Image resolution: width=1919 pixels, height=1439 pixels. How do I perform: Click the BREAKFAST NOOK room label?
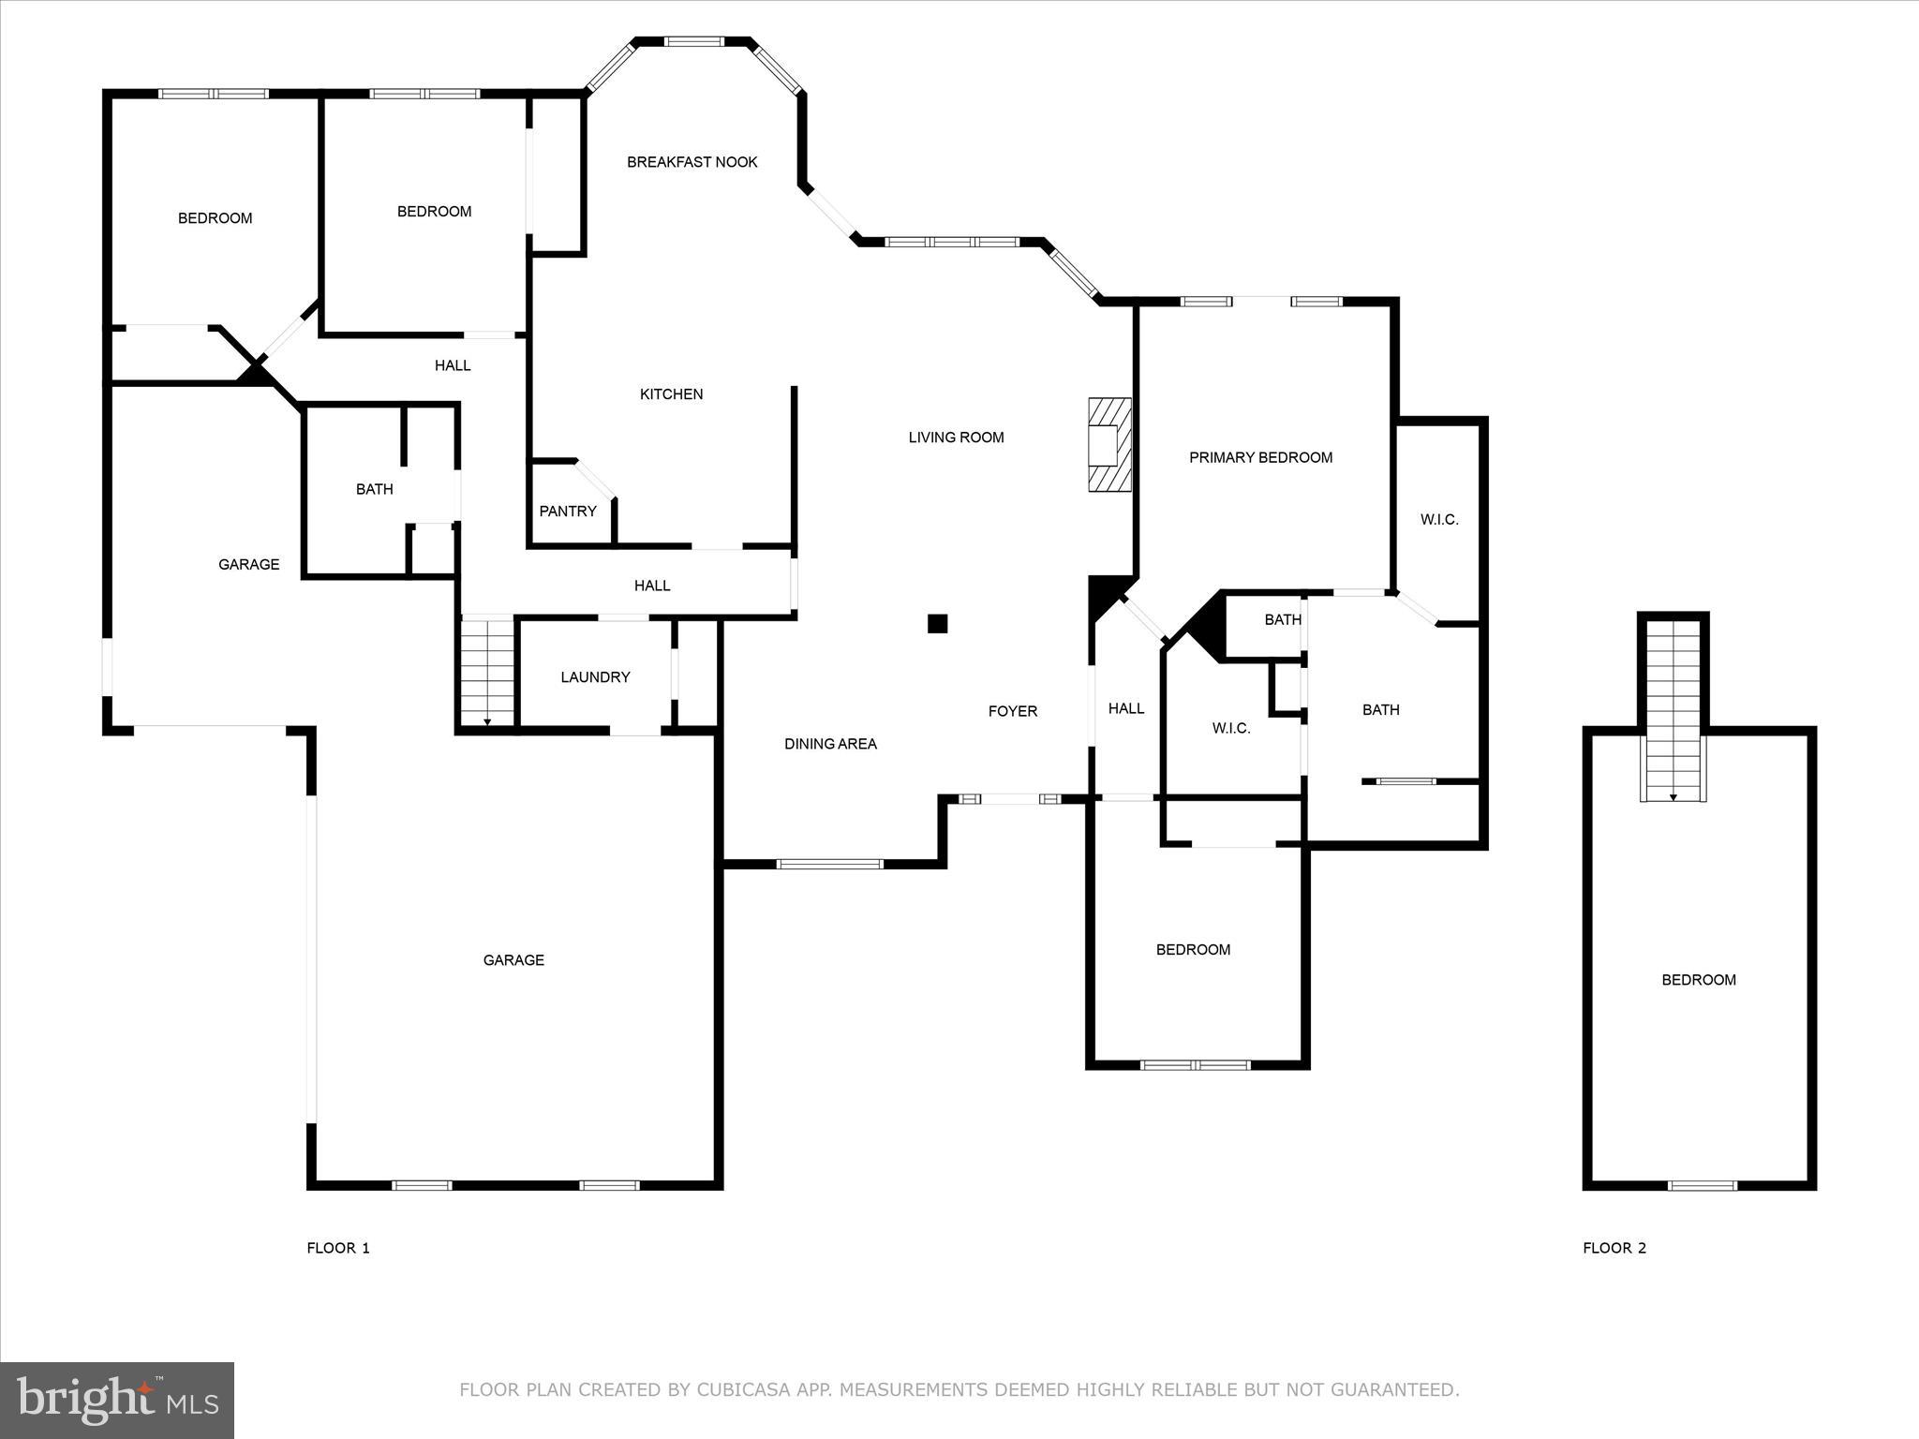pyautogui.click(x=692, y=162)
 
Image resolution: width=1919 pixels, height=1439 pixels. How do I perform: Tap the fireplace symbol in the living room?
pyautogui.click(x=1109, y=445)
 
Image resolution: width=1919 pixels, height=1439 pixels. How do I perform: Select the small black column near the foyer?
pyautogui.click(x=937, y=623)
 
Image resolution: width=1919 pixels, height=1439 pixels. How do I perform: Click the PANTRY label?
pyautogui.click(x=568, y=512)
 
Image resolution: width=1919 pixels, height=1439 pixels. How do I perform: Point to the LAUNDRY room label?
pyautogui.click(x=595, y=677)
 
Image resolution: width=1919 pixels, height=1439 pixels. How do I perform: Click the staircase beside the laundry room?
pyautogui.click(x=487, y=672)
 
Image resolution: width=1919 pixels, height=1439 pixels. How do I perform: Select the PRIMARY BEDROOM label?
pyautogui.click(x=1260, y=458)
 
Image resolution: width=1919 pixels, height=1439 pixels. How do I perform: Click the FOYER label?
pyautogui.click(x=1013, y=712)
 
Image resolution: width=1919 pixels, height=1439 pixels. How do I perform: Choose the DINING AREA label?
pyautogui.click(x=830, y=744)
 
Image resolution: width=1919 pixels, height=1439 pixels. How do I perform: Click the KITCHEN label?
pyautogui.click(x=671, y=394)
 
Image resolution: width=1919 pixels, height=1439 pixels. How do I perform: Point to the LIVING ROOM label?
pyautogui.click(x=956, y=438)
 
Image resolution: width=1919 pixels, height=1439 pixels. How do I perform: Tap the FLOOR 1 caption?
pyautogui.click(x=338, y=1248)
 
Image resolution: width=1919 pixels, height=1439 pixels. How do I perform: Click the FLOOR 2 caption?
pyautogui.click(x=1614, y=1248)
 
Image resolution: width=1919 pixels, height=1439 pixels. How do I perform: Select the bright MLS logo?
pyautogui.click(x=117, y=1400)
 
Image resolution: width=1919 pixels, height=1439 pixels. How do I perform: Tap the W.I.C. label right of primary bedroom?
pyautogui.click(x=1439, y=520)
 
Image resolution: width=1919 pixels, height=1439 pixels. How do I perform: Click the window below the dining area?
pyautogui.click(x=830, y=864)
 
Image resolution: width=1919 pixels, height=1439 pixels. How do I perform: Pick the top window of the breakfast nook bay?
pyautogui.click(x=694, y=41)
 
